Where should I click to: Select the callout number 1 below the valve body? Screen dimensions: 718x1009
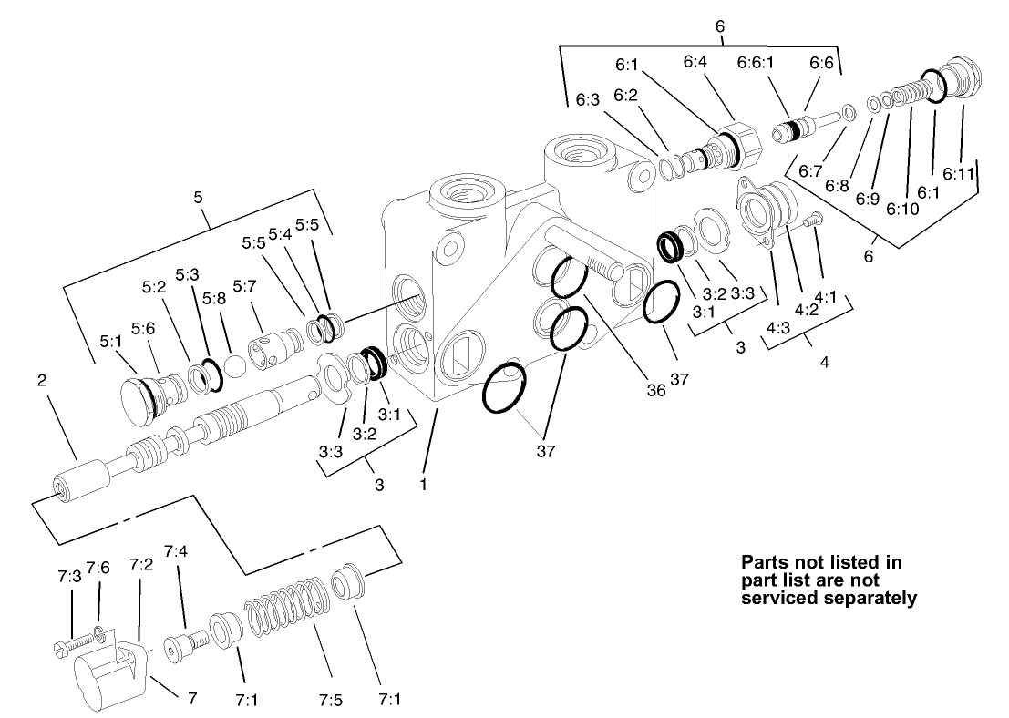point(424,486)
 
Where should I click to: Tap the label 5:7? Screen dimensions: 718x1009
point(244,287)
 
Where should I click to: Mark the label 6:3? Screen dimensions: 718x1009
point(588,101)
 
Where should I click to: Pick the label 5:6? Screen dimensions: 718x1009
point(142,329)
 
